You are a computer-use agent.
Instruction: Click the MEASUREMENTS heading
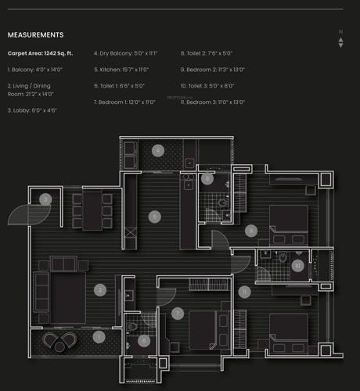point(36,35)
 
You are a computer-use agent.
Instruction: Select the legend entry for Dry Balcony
point(125,53)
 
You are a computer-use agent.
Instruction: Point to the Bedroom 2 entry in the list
point(212,70)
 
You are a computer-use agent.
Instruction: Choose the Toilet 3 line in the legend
point(207,86)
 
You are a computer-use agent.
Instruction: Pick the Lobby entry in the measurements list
point(32,110)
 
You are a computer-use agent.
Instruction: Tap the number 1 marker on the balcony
point(99,337)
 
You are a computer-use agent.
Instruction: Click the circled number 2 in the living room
point(100,289)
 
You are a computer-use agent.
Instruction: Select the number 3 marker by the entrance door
point(46,199)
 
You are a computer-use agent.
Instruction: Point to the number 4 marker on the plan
point(157,150)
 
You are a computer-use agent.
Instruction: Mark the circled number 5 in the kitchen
point(155,216)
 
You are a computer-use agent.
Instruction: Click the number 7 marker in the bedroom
point(178,314)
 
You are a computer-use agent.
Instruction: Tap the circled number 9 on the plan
point(250,231)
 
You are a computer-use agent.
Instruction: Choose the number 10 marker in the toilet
point(297,265)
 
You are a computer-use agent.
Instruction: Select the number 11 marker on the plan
point(244,292)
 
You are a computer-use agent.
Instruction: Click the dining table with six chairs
point(92,210)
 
